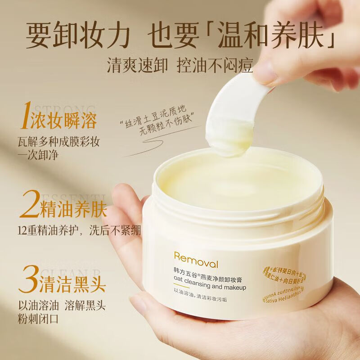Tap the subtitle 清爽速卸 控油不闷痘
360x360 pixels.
click(180, 66)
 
